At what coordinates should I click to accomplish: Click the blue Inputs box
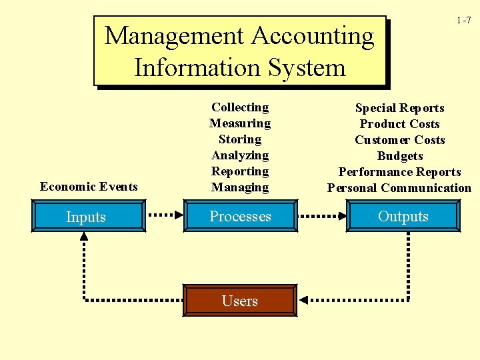pos(89,216)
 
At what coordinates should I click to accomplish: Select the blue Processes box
pos(241,216)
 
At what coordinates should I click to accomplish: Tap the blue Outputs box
pos(403,216)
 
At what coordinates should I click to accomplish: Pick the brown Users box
pos(240,300)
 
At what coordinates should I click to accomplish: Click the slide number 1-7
pos(464,20)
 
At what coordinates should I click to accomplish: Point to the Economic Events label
pos(89,187)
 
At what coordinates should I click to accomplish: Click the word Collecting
pos(240,107)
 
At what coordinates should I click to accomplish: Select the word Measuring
pos(240,123)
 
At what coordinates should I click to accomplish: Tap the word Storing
pos(240,139)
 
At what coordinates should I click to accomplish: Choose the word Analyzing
pos(240,155)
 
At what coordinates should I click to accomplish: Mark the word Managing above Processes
pos(240,187)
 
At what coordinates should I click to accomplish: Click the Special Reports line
pos(400,108)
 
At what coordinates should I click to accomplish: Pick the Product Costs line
pos(400,124)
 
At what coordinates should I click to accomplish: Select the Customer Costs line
pos(400,140)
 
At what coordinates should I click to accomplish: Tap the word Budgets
pos(400,156)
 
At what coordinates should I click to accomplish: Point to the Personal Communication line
pos(399,187)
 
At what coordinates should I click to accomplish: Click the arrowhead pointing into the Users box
pos(303,300)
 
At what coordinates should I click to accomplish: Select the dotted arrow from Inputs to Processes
pos(165,215)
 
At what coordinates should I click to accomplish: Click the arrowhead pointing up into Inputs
pos(84,236)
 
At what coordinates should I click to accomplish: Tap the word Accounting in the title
pos(313,37)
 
